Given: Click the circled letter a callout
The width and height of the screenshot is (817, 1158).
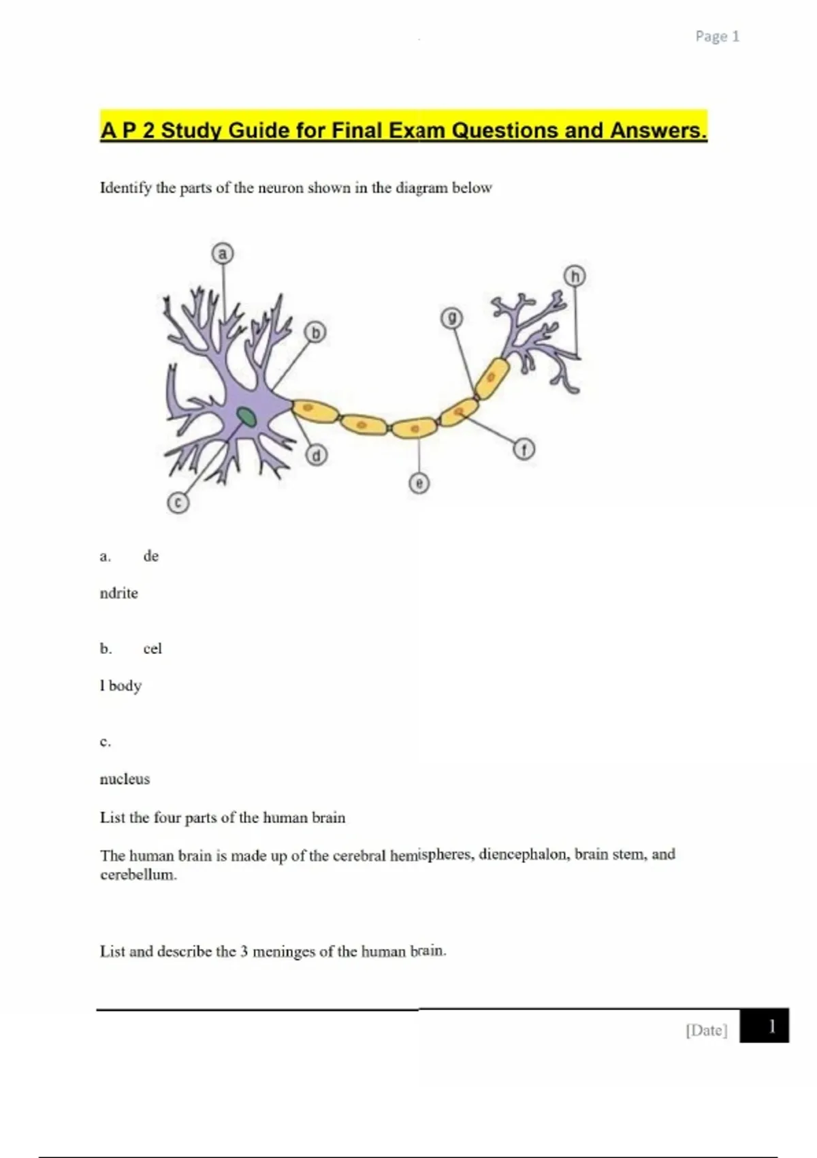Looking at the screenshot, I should coord(222,254).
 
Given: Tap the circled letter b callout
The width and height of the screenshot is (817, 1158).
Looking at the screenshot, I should coord(315,332).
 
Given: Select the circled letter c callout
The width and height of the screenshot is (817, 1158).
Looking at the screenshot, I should coord(178,503).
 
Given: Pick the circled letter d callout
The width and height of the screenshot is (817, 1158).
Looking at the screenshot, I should coord(316,455).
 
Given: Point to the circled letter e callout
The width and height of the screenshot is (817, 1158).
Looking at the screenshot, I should coord(419,483).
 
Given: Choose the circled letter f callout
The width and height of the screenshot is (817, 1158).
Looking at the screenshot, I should coord(524,450).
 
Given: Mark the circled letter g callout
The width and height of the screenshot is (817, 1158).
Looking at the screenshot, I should coord(452,317).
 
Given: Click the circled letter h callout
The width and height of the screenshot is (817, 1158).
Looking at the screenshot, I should coord(575,276).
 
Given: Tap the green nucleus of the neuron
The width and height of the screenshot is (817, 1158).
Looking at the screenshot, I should coord(246,416).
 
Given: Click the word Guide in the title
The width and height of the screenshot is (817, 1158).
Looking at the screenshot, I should coord(259,130).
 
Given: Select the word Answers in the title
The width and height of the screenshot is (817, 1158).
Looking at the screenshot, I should coord(659,130).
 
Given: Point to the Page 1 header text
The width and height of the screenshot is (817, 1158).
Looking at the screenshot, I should coord(717,37).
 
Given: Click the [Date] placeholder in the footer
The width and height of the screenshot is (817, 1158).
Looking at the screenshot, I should coord(706,1030).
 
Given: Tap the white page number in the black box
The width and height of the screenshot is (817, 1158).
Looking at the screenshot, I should coord(771,1026).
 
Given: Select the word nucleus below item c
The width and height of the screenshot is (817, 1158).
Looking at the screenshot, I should coord(125,779).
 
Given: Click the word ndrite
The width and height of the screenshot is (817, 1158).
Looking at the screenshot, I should coord(118,593).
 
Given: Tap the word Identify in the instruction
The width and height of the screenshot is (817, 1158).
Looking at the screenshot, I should coord(125,188).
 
